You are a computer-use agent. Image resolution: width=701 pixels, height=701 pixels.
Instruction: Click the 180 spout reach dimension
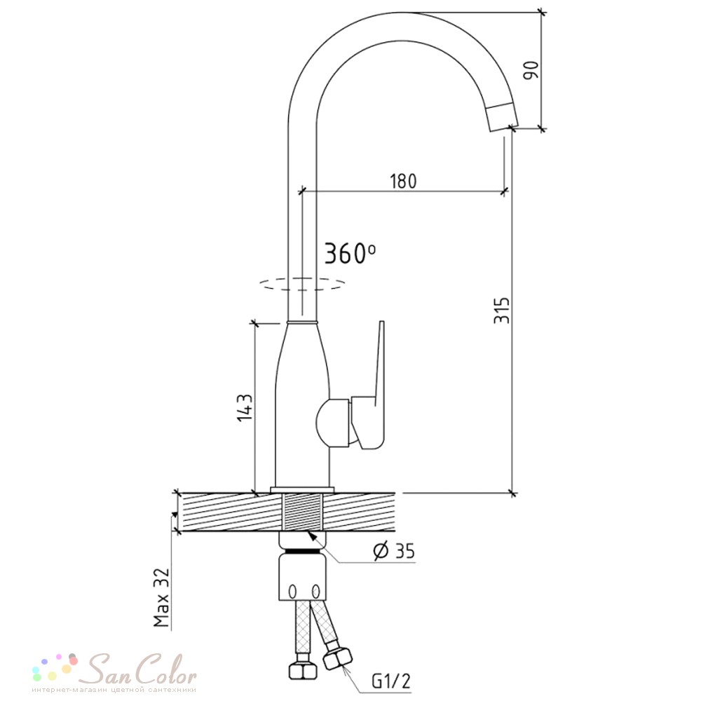(403, 181)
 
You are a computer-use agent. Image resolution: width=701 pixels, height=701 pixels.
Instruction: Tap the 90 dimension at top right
(531, 70)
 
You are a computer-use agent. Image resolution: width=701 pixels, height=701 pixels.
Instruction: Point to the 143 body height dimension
(245, 407)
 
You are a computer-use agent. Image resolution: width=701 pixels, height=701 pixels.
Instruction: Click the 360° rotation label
(350, 254)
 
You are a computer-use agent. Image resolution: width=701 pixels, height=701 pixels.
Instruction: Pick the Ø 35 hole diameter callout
(394, 551)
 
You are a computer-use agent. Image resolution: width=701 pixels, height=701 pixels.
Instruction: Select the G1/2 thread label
(390, 681)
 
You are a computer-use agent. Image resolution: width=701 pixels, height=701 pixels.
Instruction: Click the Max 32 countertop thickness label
(161, 597)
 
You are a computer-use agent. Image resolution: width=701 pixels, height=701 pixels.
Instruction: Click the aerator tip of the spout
(503, 116)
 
